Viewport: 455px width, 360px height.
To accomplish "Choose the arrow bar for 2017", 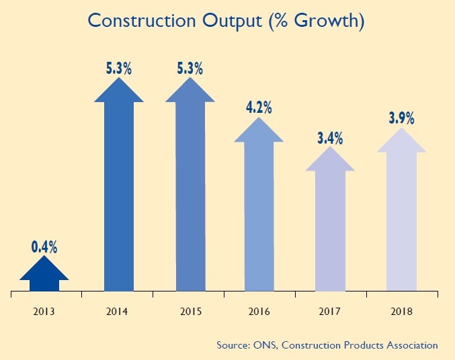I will tap(331, 228).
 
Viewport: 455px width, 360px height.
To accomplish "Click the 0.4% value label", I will tap(44, 246).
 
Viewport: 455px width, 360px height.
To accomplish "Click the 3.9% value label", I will tap(402, 118).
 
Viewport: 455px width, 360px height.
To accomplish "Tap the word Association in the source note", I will tap(410, 345).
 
